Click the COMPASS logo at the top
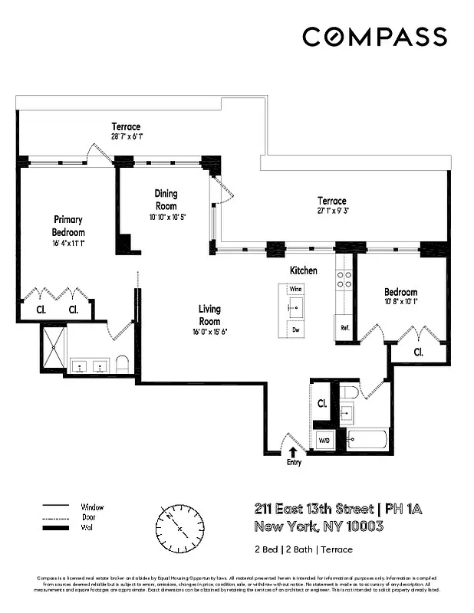tap(374, 37)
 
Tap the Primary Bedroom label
tap(68, 226)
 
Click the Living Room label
tap(210, 316)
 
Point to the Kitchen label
tap(303, 271)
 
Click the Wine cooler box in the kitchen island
tap(295, 289)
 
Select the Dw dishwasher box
tap(295, 329)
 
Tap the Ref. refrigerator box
tap(345, 327)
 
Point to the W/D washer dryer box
tap(323, 441)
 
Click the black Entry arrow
tap(293, 453)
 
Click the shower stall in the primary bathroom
tap(54, 349)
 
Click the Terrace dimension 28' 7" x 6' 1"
tap(126, 136)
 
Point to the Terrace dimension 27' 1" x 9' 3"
tap(332, 211)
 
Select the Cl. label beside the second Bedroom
tap(419, 352)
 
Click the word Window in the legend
tap(92, 507)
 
